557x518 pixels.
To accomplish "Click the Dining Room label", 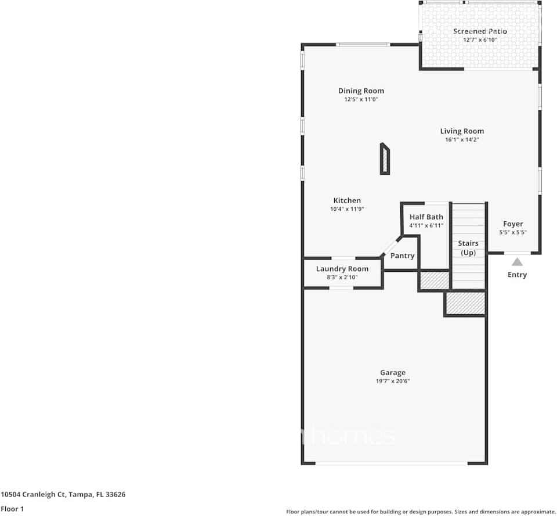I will point(361,91).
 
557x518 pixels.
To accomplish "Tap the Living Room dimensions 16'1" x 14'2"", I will point(462,139).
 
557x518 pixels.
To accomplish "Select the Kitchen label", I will point(347,200).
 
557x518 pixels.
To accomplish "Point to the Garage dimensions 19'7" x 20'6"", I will point(393,381).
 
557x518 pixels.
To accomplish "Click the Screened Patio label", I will point(480,31).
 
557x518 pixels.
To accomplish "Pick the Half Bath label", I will point(426,217).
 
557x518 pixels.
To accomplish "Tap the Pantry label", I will point(402,256).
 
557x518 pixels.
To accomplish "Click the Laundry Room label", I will point(342,269).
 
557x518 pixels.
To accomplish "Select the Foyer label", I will point(513,224).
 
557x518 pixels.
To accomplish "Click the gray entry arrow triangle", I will point(517,262).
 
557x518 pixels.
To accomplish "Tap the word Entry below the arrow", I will point(517,275).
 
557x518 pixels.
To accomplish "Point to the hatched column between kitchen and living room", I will point(385,159).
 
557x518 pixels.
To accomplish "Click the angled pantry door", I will point(389,247).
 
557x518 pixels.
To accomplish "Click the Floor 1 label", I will point(12,509).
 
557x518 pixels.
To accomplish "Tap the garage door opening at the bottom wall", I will point(392,463).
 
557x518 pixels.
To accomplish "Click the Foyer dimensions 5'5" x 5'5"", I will point(513,232).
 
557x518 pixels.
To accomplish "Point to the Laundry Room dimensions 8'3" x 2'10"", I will point(342,278).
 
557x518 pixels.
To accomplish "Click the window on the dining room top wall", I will point(364,45).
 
